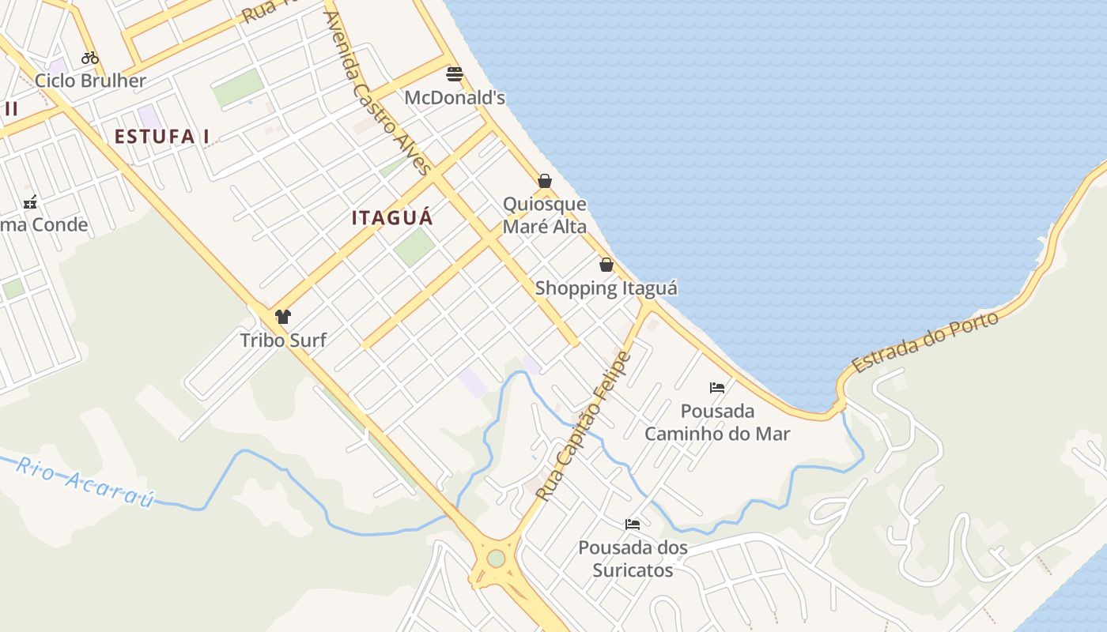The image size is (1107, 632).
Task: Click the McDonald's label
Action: [455, 98]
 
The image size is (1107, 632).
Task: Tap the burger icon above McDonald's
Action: [455, 74]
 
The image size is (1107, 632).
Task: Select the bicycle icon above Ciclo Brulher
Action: [90, 58]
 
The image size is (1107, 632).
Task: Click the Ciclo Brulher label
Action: [90, 81]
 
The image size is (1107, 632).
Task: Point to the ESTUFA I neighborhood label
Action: [162, 137]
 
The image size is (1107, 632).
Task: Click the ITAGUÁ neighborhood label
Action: [392, 218]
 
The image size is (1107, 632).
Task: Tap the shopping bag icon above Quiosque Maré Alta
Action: [545, 181]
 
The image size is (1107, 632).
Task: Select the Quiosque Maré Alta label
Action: [545, 216]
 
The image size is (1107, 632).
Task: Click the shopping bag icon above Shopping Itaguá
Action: [606, 265]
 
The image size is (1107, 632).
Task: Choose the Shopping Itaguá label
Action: [606, 288]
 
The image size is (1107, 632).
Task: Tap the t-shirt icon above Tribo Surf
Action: [283, 317]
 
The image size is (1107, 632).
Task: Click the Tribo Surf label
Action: [283, 340]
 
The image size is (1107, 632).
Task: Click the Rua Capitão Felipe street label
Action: [584, 426]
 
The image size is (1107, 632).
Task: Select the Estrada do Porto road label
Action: [925, 341]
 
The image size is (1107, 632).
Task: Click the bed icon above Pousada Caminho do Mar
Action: [717, 388]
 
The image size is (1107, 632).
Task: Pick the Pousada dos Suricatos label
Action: [633, 559]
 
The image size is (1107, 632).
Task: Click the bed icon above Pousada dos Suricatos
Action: [633, 524]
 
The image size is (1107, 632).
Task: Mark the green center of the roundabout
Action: [496, 559]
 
